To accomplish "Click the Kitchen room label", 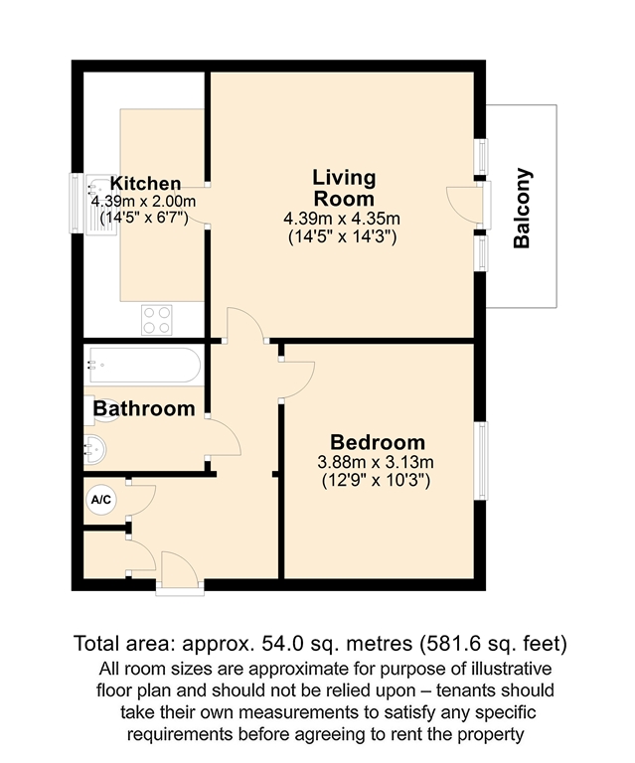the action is point(145,184).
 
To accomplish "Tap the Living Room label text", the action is point(344,188).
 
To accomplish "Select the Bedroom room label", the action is point(378,442).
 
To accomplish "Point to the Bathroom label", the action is point(144,408).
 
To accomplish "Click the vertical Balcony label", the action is point(522,209).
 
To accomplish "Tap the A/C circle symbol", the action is point(101,500).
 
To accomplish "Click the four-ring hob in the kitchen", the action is point(157,320).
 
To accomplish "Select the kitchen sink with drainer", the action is point(101,206).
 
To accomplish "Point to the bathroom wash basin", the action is point(94,448).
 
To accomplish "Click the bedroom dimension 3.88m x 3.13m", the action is point(376,462).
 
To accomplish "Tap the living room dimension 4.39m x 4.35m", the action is point(342,218).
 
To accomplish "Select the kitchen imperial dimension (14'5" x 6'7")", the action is point(144,218).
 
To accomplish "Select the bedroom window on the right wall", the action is point(482,460).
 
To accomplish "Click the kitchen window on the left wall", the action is point(76,203).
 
